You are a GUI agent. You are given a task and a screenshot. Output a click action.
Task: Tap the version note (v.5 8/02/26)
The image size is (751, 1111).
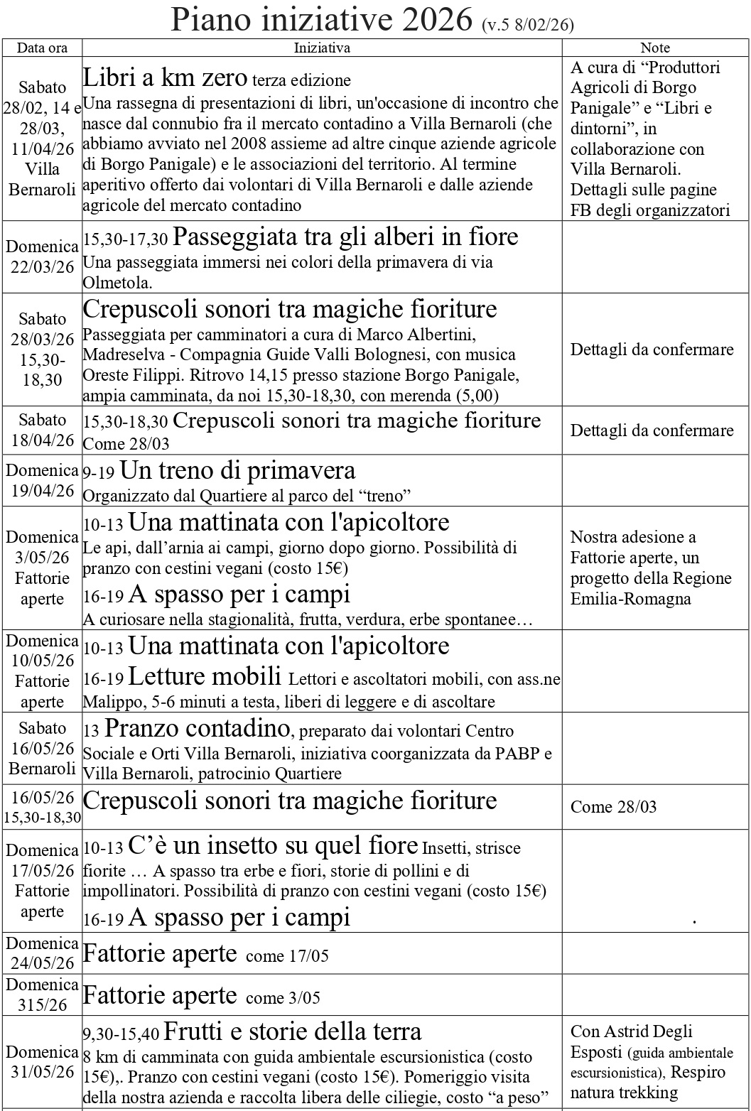tap(527, 26)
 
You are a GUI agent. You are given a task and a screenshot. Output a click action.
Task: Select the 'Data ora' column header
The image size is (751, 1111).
tap(43, 48)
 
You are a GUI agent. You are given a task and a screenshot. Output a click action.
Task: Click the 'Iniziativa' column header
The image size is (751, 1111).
tap(322, 48)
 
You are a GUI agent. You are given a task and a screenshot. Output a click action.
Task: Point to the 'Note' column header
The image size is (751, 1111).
tap(655, 48)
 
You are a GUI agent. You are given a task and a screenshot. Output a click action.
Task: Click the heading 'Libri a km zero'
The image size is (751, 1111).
tap(165, 77)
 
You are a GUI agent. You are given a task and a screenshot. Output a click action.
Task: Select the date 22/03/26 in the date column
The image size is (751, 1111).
tap(43, 267)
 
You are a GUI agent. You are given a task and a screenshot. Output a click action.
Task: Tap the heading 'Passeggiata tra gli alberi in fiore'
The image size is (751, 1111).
tap(345, 237)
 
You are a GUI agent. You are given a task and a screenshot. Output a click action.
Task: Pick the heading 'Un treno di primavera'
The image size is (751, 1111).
tap(237, 470)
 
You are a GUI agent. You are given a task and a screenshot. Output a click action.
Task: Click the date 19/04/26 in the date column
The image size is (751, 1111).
tap(43, 491)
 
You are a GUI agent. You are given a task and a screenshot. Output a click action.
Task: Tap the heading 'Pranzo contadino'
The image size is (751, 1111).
tap(197, 728)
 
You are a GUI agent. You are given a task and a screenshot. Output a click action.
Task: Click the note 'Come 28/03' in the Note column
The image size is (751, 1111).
tap(614, 807)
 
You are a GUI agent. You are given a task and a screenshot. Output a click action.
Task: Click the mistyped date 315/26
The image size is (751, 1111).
tap(43, 1004)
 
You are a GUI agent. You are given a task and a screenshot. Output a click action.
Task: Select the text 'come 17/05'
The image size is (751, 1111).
tap(287, 956)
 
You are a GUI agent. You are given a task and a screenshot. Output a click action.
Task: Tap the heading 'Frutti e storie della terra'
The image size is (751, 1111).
tap(292, 1031)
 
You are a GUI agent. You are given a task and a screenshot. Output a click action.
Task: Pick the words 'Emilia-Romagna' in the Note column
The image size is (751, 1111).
tap(620, 599)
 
